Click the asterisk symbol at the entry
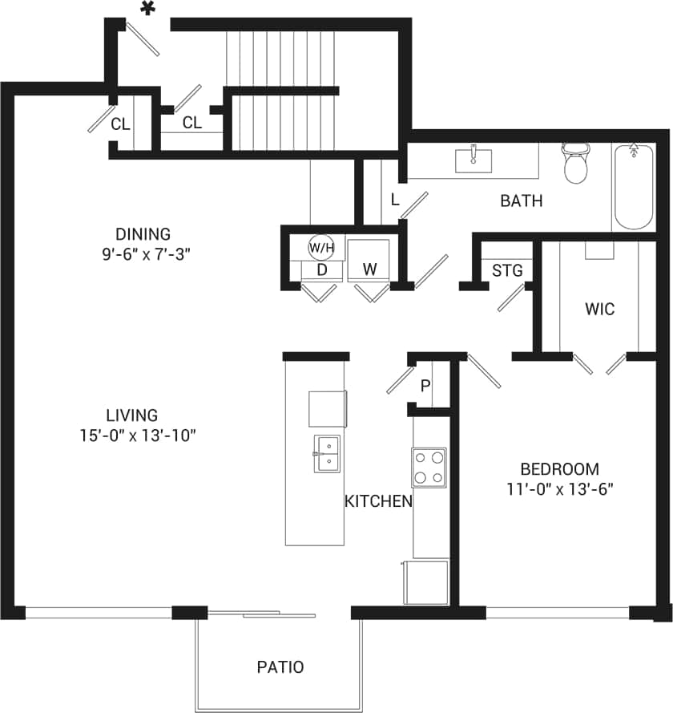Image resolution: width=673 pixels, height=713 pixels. tap(147, 9)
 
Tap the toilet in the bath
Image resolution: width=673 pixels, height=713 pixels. tap(575, 164)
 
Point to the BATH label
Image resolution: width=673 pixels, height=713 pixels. tap(521, 201)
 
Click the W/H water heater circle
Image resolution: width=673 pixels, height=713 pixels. tap(321, 247)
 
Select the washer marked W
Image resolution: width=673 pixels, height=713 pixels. tap(369, 269)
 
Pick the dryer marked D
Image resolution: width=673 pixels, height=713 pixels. tap(321, 270)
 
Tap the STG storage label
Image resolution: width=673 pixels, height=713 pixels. tap(506, 270)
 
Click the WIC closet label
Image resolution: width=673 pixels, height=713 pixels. tap(599, 309)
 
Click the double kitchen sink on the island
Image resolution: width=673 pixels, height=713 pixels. tap(327, 455)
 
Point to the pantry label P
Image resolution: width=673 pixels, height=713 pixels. tap(425, 386)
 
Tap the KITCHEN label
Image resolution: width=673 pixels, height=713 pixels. tap(378, 502)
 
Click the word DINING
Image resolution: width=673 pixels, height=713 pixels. tap(143, 234)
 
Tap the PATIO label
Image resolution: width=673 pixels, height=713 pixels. tap(280, 666)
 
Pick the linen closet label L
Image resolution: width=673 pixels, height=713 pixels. tap(395, 199)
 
